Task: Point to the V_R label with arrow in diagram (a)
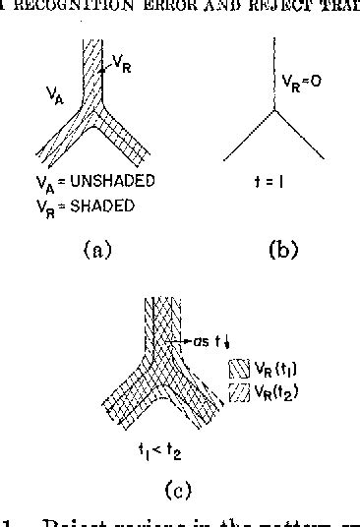[x=120, y=62]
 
